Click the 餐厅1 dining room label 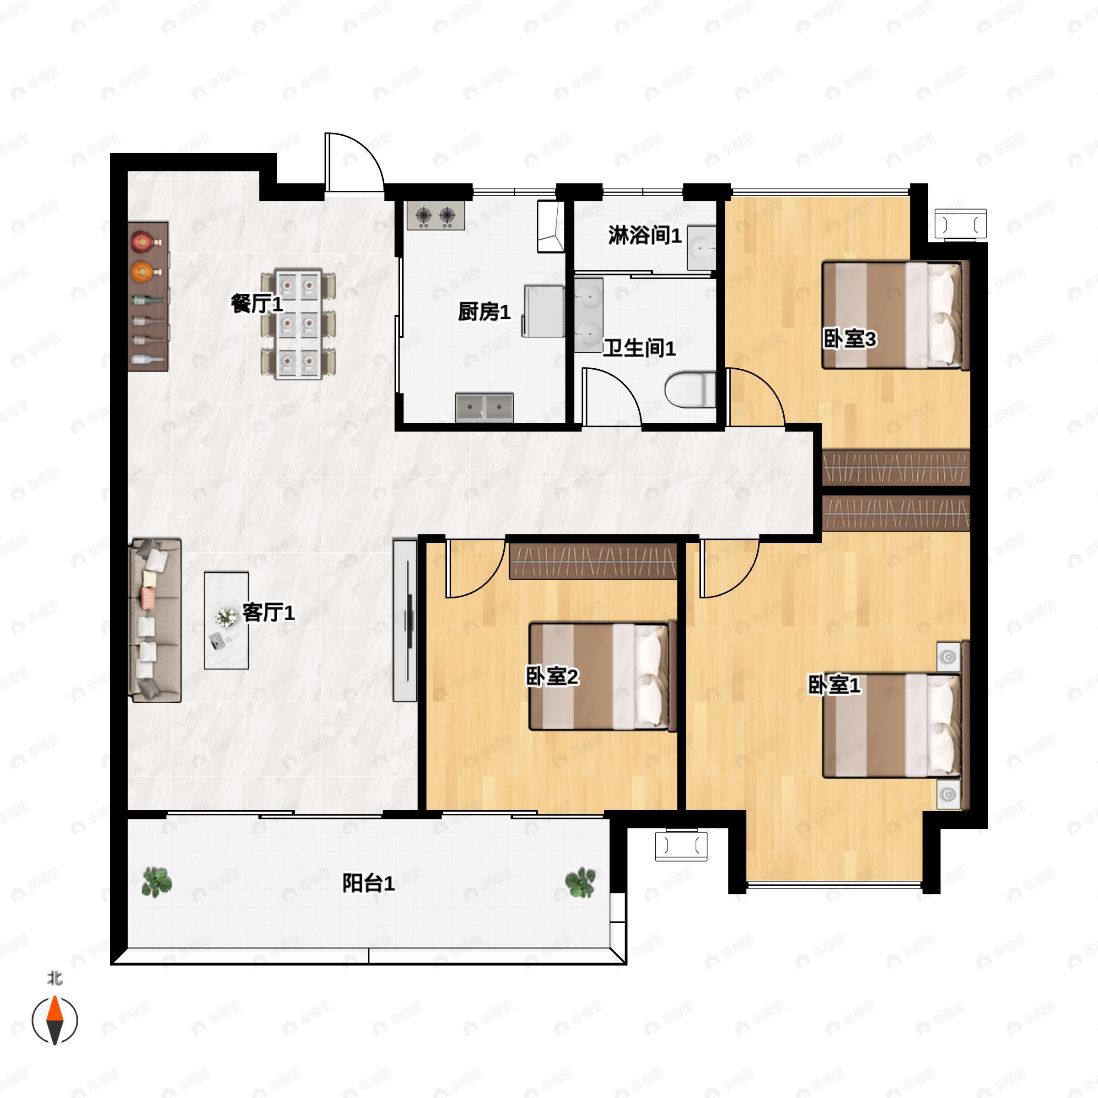coord(257,303)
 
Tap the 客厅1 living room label coord(269,612)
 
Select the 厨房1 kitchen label coord(484,312)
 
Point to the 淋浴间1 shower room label coord(645,235)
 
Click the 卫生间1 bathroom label coord(640,348)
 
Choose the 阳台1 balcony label coord(368,883)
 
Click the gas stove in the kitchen coord(436,215)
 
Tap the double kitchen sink coord(485,408)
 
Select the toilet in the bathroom coord(690,389)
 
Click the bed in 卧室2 coord(603,676)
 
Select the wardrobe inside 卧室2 coord(593,561)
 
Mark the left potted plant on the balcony coord(156,882)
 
